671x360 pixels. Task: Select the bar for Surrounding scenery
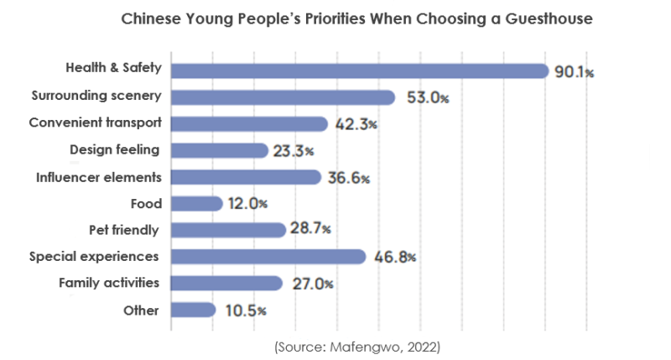tap(283, 97)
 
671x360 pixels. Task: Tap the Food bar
tap(196, 204)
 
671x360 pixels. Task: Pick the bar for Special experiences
tap(268, 257)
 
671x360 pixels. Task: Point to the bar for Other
tap(193, 310)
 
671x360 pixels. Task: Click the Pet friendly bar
tap(228, 230)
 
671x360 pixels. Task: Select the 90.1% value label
tap(575, 72)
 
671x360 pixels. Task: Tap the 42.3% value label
tap(355, 125)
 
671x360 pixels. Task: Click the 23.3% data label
tap(294, 152)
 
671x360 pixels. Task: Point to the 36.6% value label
tap(349, 178)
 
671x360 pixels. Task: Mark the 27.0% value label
tap(311, 284)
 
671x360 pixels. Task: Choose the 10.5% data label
tap(244, 310)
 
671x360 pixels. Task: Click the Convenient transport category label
tap(95, 123)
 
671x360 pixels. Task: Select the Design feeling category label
tap(115, 150)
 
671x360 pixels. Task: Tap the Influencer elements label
tap(99, 177)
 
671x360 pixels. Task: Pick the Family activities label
tap(109, 283)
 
